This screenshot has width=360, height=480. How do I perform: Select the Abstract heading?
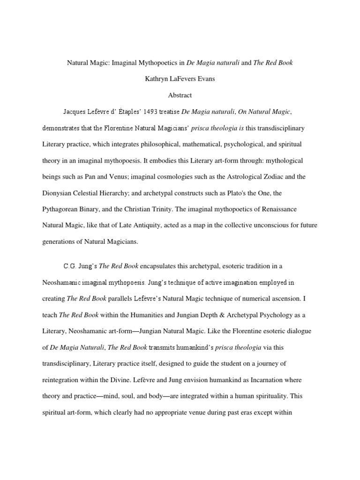tap(180, 95)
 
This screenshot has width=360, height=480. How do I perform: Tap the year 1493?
tap(151, 112)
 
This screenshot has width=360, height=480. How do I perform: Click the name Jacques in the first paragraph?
tap(75, 112)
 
